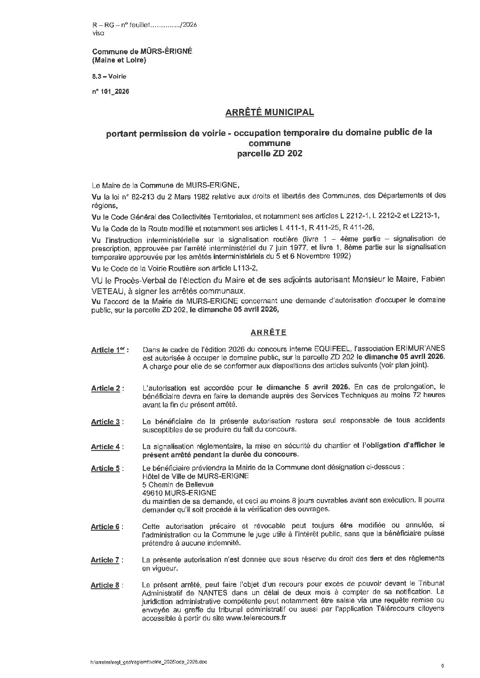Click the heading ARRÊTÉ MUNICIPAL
pos(269,111)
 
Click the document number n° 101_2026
pos(111,91)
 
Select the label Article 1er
pos(109,350)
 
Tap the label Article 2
pos(108,388)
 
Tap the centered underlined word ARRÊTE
pos(269,332)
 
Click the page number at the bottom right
pos(442,666)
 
